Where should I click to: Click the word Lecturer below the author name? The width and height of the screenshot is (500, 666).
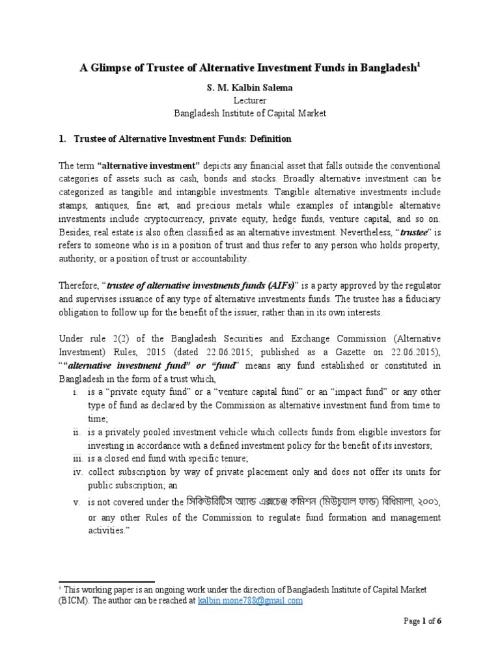point(250,100)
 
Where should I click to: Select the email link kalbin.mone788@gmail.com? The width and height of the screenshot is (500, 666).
point(250,601)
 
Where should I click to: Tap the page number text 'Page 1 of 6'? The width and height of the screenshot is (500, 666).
point(422,639)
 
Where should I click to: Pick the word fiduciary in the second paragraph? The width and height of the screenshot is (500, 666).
point(420,299)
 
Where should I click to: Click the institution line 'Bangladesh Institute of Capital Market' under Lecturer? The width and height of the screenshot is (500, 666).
point(250,113)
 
